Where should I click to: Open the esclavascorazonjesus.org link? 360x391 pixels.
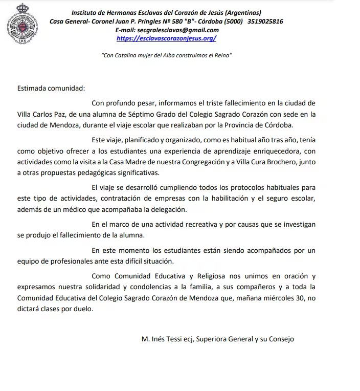(166, 38)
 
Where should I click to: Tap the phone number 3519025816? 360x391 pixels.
(265, 21)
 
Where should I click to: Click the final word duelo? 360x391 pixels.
(82, 309)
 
